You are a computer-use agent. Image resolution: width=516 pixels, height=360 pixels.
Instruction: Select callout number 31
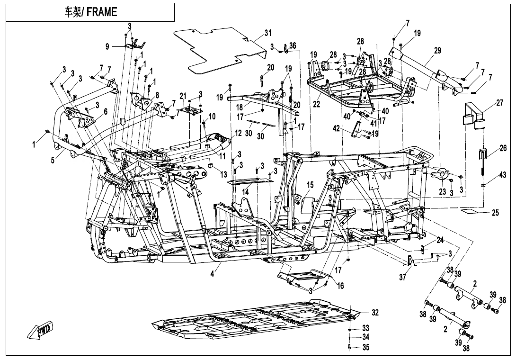pyautogui.click(x=268, y=33)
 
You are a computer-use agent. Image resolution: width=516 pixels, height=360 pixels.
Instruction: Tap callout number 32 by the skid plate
pyautogui.click(x=375, y=313)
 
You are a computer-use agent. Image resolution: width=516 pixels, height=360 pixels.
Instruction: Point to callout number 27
pyautogui.click(x=500, y=103)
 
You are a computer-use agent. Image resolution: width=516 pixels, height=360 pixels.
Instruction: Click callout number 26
pyautogui.click(x=503, y=148)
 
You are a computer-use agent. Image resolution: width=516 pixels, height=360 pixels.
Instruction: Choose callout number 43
pyautogui.click(x=503, y=176)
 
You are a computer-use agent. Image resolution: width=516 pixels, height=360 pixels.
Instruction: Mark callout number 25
pyautogui.click(x=495, y=213)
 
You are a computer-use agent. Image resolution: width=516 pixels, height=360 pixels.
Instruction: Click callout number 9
pyautogui.click(x=107, y=46)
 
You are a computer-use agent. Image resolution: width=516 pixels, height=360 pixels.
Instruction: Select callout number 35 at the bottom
pyautogui.click(x=365, y=347)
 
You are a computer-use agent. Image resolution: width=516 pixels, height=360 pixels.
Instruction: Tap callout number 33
pyautogui.click(x=365, y=328)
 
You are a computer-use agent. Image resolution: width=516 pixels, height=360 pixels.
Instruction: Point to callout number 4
pyautogui.click(x=212, y=274)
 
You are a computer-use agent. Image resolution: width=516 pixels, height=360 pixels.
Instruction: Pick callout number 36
pyautogui.click(x=293, y=45)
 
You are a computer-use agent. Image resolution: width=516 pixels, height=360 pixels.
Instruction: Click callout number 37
pyautogui.click(x=402, y=278)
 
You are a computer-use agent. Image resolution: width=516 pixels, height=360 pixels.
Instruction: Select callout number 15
pyautogui.click(x=310, y=184)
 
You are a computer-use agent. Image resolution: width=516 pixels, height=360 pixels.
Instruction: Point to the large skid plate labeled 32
pyautogui.click(x=256, y=322)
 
